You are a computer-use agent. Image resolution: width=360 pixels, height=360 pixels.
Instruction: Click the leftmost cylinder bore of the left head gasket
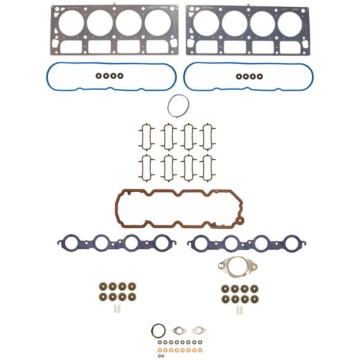[71, 22]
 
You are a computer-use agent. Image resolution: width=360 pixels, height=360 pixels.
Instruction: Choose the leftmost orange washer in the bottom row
[162, 349]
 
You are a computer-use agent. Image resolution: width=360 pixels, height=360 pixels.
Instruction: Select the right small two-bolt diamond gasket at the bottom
[198, 330]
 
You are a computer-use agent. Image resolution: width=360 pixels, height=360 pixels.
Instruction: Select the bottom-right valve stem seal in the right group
[254, 298]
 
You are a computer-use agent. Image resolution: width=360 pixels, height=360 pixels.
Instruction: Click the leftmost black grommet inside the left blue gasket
[94, 76]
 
